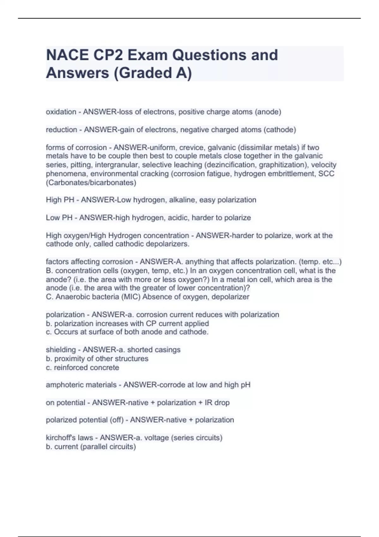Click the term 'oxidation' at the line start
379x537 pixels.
pyautogui.click(x=61, y=112)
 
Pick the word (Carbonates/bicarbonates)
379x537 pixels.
pyautogui.click(x=91, y=183)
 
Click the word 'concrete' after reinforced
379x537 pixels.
pyautogui.click(x=104, y=368)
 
